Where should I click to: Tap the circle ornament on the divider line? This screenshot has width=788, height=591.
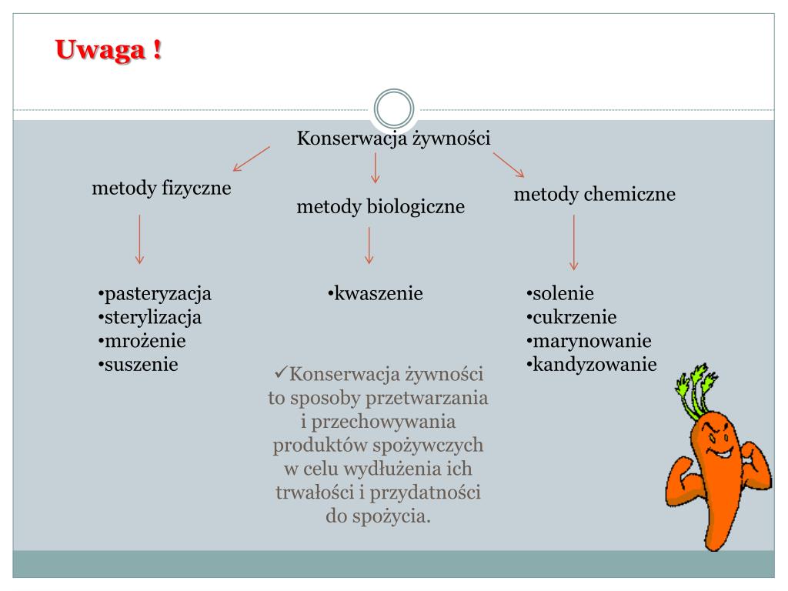tap(394, 110)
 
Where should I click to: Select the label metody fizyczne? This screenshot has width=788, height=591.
tap(162, 188)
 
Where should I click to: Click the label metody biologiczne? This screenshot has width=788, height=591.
tap(381, 206)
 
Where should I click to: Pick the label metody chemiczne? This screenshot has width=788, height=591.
tap(595, 194)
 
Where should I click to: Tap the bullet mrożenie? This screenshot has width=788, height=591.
tap(144, 340)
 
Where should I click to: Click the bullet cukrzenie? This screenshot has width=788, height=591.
tap(574, 317)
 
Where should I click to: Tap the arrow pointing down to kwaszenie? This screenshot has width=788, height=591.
tap(369, 245)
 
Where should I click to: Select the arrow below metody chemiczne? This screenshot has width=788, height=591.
tap(573, 242)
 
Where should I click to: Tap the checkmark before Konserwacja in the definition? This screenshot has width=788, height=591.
tap(280, 375)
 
